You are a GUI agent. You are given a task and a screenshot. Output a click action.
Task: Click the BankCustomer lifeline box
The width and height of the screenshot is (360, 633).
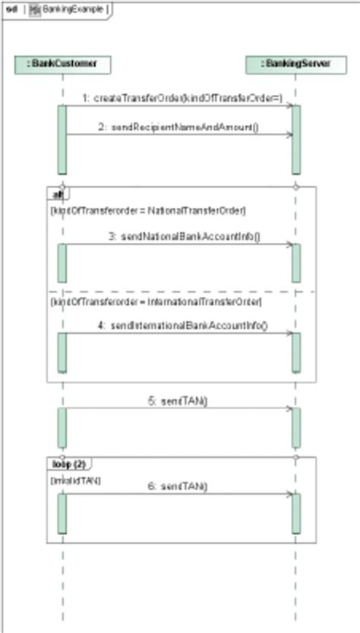[62, 65]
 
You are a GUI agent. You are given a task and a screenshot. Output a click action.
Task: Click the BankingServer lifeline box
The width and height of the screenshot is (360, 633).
[295, 65]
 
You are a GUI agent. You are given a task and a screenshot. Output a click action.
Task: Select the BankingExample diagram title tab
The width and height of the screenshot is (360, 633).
[69, 11]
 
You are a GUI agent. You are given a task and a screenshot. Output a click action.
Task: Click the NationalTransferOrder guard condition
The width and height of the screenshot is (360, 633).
[147, 209]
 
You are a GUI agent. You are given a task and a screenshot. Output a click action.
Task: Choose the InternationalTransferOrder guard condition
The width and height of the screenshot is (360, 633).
[156, 302]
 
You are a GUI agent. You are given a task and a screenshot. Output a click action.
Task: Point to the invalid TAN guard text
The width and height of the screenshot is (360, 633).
[75, 480]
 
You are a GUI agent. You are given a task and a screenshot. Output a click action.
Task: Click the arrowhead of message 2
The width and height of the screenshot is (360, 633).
[289, 135]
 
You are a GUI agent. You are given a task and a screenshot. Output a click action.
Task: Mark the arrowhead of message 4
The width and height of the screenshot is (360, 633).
[289, 333]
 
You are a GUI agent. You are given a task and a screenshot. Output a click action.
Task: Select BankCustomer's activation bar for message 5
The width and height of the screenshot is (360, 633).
[62, 427]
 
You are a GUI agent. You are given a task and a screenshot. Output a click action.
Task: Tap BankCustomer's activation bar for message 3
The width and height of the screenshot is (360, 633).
[62, 263]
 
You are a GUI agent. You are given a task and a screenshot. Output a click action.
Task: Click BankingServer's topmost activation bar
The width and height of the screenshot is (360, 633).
[296, 139]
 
